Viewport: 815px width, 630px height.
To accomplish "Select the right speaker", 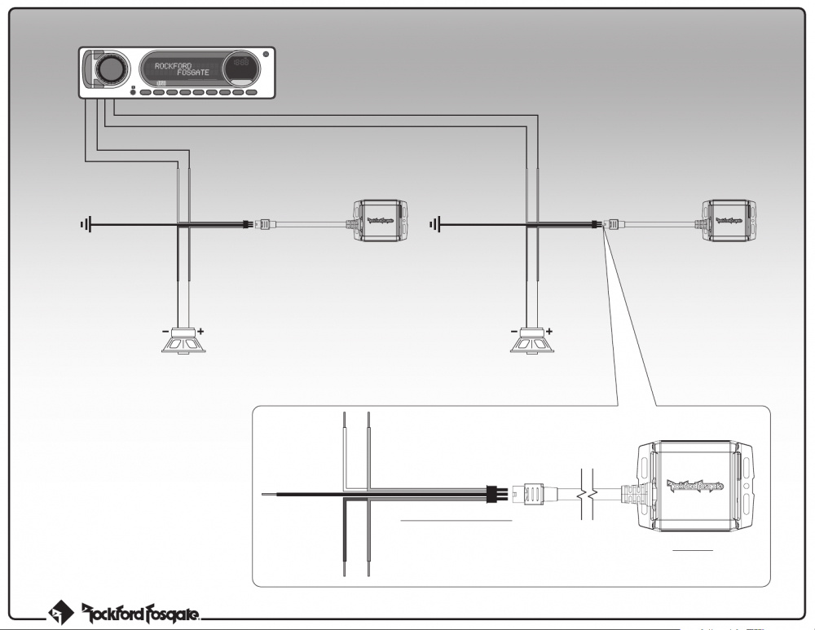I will pyautogui.click(x=531, y=341).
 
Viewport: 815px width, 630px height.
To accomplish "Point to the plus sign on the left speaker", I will pyautogui.click(x=200, y=332).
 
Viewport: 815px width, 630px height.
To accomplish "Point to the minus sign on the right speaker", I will pyautogui.click(x=513, y=332).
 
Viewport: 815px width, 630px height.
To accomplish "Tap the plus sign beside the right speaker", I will pyautogui.click(x=549, y=332).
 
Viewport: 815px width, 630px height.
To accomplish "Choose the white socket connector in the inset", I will pyautogui.click(x=532, y=493).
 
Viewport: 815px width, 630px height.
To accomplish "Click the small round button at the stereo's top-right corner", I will pyautogui.click(x=266, y=55).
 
